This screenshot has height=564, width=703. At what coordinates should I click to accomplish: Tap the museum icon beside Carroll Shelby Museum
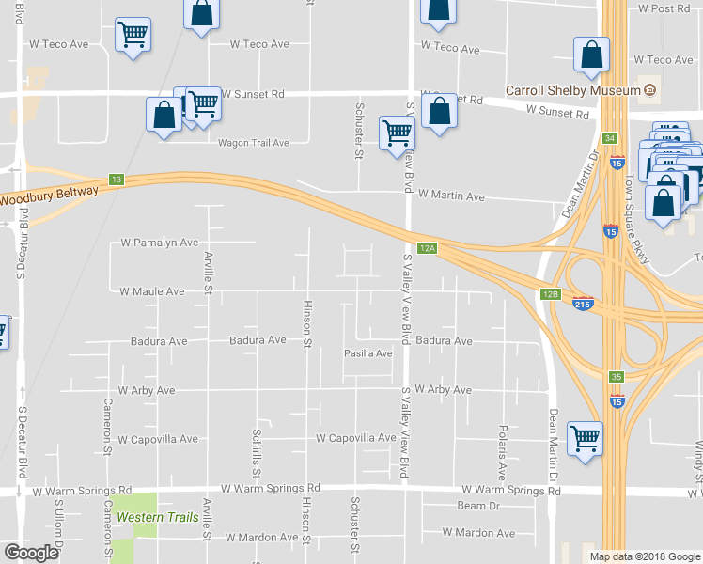[x=649, y=91]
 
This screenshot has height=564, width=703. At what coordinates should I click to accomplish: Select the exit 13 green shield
[x=117, y=180]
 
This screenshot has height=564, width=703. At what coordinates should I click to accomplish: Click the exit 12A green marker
[x=428, y=248]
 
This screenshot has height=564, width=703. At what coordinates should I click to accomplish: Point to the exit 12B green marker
[x=551, y=294]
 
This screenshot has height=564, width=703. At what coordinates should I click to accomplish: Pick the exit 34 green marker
[x=610, y=138]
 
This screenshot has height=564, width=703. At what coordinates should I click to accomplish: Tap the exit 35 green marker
[x=616, y=377]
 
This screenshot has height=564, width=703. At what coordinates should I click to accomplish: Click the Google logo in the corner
[x=31, y=553]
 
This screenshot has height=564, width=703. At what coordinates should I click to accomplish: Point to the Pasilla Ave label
[x=368, y=353]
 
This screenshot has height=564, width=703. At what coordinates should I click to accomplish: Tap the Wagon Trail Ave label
[x=253, y=143]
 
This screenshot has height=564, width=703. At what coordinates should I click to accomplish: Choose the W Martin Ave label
[x=451, y=196]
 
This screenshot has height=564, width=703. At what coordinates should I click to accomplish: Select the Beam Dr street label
[x=477, y=506]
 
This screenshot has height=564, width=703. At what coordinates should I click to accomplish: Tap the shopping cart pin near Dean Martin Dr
[x=586, y=438]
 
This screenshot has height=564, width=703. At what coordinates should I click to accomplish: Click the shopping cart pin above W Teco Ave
[x=133, y=36]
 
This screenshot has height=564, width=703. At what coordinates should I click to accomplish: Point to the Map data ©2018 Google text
[x=645, y=556]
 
